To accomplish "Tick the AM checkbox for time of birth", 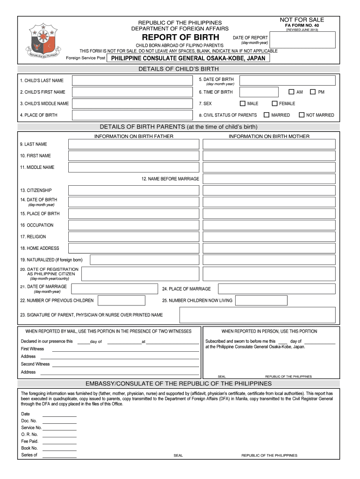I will (x=291, y=92).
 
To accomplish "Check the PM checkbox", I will (x=313, y=92).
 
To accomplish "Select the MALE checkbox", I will (x=243, y=103).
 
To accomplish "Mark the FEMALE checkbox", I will (x=275, y=103).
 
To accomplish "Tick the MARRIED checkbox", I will (x=266, y=115).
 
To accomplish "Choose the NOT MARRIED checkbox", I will (x=302, y=115).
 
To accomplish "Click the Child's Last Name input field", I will (x=132, y=80).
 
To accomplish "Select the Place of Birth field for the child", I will (x=132, y=115).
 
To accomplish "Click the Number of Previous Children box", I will (x=118, y=300).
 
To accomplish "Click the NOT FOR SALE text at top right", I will (x=302, y=20).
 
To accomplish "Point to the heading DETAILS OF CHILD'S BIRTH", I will (x=179, y=69).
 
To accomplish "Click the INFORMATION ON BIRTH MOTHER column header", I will (x=269, y=136).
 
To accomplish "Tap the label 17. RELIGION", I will (x=33, y=237).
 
